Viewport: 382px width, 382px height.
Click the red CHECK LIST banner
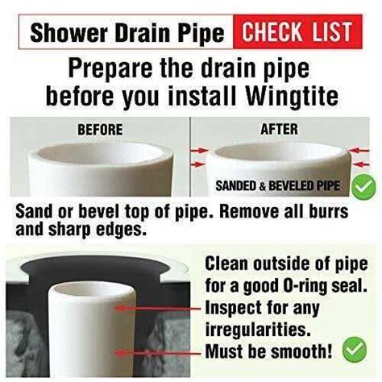(297, 33)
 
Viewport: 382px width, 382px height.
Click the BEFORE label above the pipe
(99, 128)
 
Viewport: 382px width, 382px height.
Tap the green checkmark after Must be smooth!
(352, 351)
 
